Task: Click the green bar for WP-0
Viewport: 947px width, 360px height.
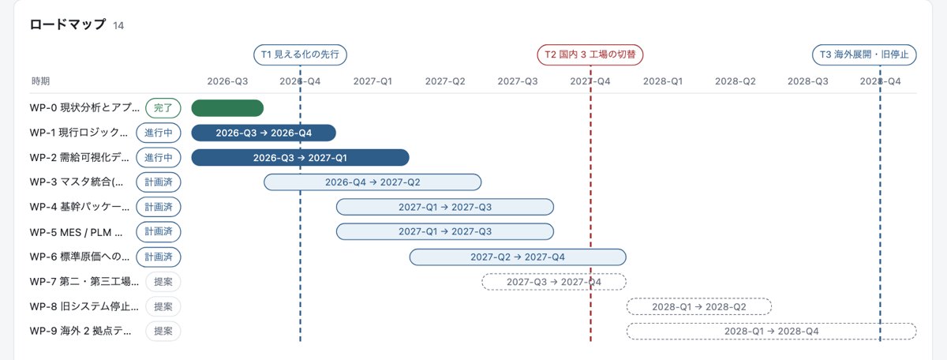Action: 227,108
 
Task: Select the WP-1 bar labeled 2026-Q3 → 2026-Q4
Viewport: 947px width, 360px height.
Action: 264,133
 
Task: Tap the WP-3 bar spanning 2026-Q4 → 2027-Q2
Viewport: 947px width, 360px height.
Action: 372,182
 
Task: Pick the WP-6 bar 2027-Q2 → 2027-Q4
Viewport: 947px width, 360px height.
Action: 518,257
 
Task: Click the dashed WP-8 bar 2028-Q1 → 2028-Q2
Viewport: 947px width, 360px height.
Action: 699,306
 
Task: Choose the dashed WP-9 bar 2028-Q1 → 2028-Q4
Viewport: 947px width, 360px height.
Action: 772,332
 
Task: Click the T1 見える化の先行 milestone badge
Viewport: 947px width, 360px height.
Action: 300,54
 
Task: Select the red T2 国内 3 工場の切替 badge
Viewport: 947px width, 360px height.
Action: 590,54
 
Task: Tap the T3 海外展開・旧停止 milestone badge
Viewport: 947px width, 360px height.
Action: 864,54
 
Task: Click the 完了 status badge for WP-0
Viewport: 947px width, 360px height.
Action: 163,108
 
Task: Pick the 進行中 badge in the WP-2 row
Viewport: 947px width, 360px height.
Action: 159,158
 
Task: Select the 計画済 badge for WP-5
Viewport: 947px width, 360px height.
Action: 159,232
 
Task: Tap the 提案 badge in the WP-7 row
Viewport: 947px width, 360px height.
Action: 163,282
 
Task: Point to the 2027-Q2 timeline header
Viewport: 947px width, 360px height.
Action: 445,81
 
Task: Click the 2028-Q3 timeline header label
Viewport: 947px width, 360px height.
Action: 807,81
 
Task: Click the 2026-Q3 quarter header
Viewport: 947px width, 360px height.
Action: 227,81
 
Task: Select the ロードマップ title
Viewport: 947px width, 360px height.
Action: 68,24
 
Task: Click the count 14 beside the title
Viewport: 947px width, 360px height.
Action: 118,26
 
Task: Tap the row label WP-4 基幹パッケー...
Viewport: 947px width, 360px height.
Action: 80,207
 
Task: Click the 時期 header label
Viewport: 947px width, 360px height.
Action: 40,81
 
